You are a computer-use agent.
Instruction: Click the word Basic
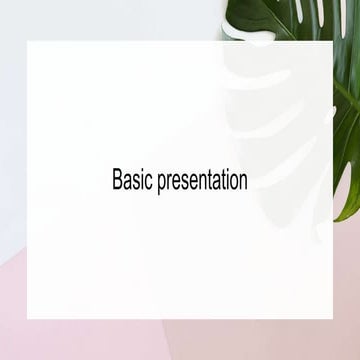pyautogui.click(x=129, y=181)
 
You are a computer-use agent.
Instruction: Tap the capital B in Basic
pyautogui.click(x=117, y=181)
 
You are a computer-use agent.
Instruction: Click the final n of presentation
pyautogui.click(x=243, y=183)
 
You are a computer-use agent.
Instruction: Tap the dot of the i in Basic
pyautogui.click(x=137, y=173)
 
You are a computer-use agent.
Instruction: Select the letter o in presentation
pyautogui.click(x=234, y=183)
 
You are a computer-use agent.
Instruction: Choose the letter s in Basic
pyautogui.click(x=133, y=183)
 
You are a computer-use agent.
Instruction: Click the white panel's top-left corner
pyautogui.click(x=28, y=43)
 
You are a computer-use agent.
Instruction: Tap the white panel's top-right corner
pyautogui.click(x=333, y=43)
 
